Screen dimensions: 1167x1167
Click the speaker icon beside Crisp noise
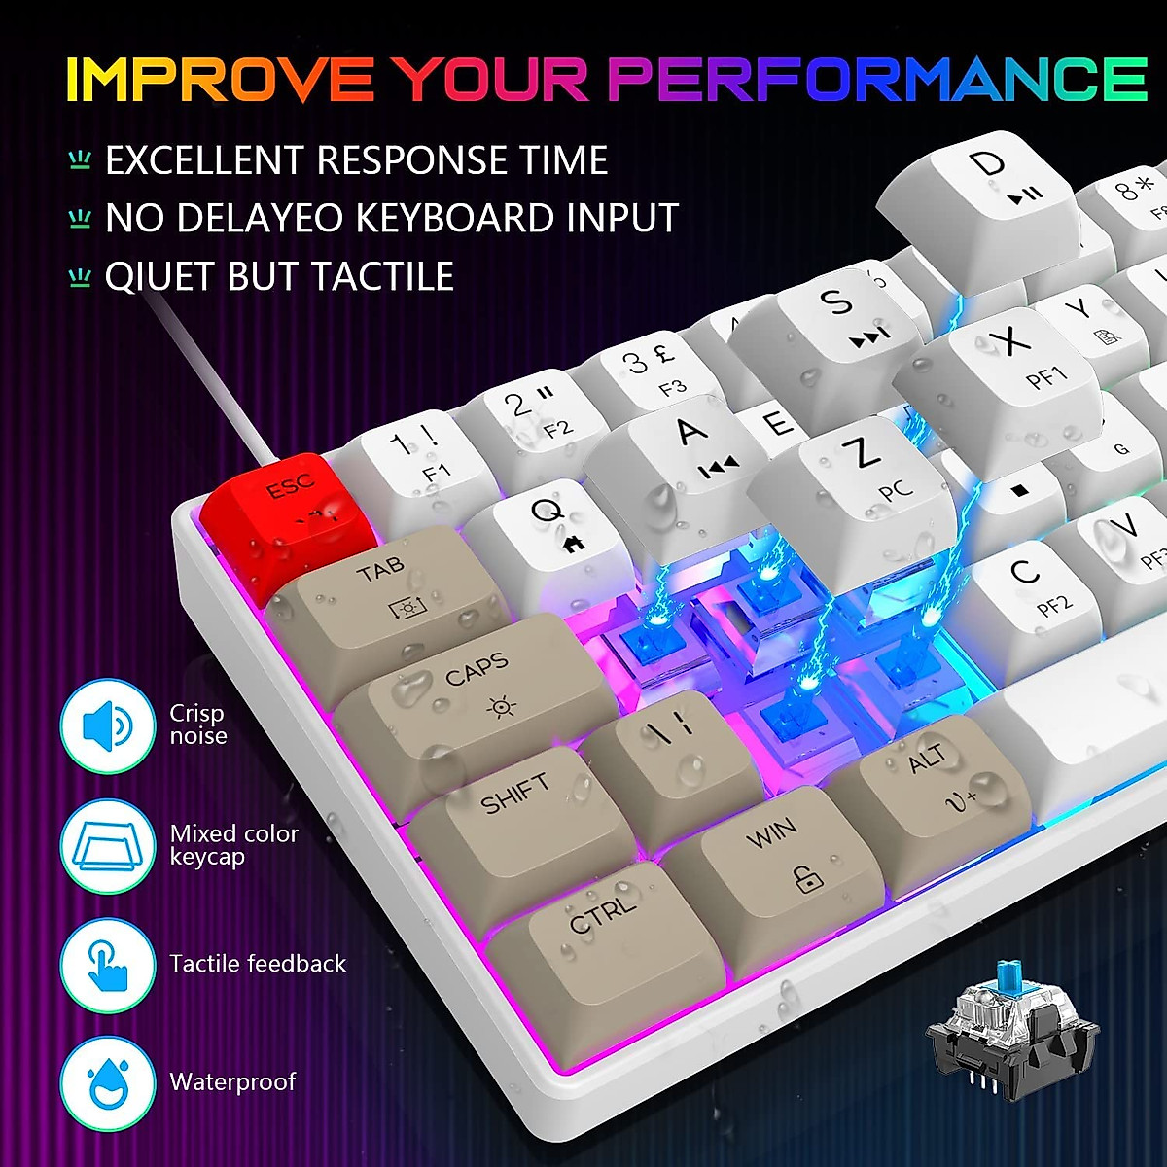[x=108, y=725]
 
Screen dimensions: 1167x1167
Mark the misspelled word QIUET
[x=160, y=277]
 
